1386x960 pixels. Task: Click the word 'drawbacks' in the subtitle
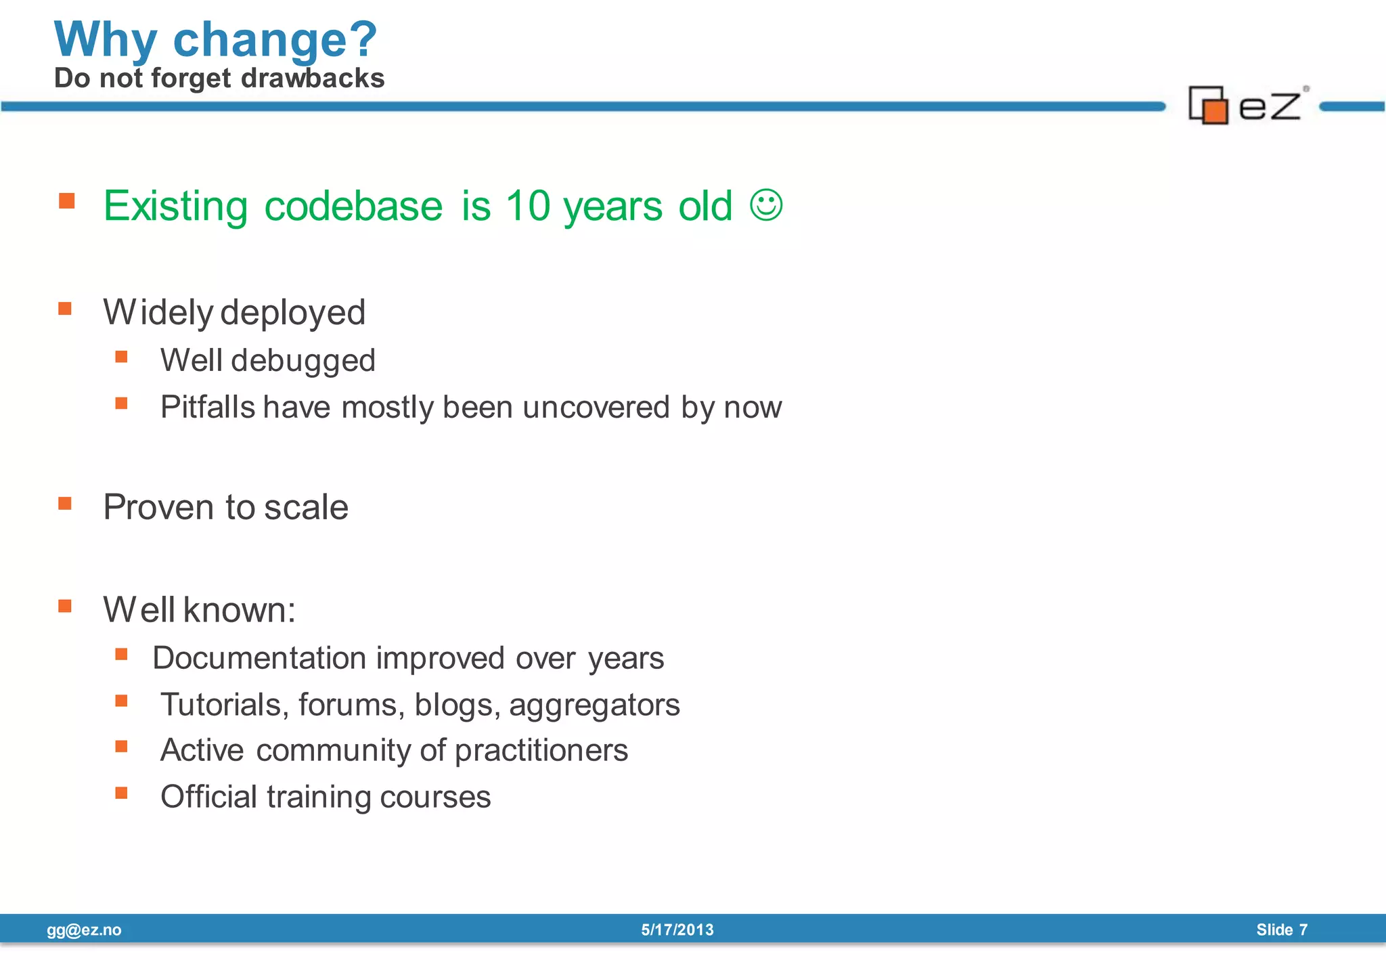click(x=313, y=79)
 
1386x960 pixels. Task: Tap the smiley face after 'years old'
click(x=766, y=204)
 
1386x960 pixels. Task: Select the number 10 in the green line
click(x=528, y=206)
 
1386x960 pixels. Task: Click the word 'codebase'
click(x=353, y=206)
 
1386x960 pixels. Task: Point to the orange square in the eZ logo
click(x=1215, y=111)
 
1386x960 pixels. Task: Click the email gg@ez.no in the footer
click(x=84, y=930)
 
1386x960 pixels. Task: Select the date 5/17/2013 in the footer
click(x=677, y=930)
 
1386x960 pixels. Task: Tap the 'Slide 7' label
click(x=1282, y=930)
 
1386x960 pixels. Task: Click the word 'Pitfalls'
click(x=208, y=408)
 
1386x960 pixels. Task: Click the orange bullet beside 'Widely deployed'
click(x=65, y=309)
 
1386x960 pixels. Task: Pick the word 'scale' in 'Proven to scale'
click(x=306, y=507)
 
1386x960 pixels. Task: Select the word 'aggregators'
click(x=594, y=705)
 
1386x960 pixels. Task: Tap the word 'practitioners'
click(x=541, y=751)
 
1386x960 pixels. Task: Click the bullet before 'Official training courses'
click(x=122, y=793)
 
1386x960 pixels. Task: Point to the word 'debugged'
click(x=303, y=361)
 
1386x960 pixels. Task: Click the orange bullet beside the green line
click(x=66, y=200)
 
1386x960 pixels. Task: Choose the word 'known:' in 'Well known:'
click(x=239, y=610)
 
